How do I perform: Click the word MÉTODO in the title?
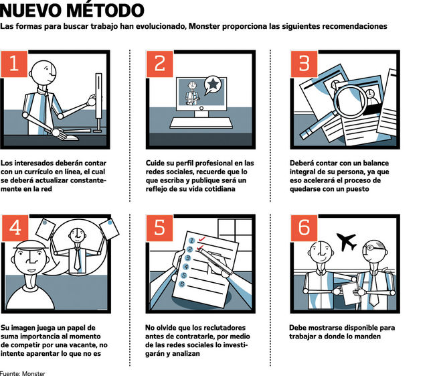(x=106, y=10)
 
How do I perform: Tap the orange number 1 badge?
(x=14, y=64)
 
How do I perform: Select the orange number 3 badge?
(x=304, y=64)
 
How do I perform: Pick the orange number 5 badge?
(x=159, y=228)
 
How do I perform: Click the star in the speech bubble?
(x=213, y=84)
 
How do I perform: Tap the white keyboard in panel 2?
(x=201, y=123)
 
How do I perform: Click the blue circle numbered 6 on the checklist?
(x=182, y=284)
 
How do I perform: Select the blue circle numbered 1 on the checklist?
(x=191, y=241)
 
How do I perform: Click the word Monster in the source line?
(x=33, y=373)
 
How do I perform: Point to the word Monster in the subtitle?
(x=204, y=26)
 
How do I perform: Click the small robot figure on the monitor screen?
(x=192, y=93)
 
